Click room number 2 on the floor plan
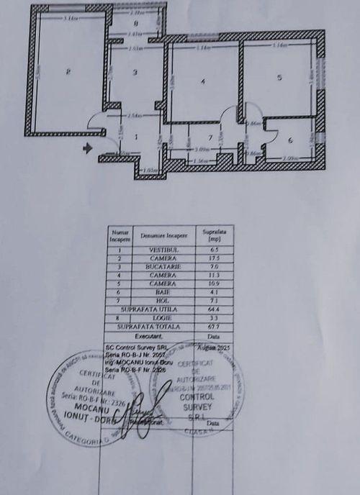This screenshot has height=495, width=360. tap(67, 71)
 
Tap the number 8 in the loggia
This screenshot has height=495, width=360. tap(135, 23)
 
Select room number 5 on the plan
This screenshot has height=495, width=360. tap(279, 77)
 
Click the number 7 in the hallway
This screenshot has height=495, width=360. tap(210, 136)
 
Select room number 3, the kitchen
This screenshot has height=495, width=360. tap(135, 72)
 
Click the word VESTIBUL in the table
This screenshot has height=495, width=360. tap(163, 249)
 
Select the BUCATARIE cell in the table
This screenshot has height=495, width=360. tap(163, 265)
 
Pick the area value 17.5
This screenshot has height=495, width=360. tap(212, 258)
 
